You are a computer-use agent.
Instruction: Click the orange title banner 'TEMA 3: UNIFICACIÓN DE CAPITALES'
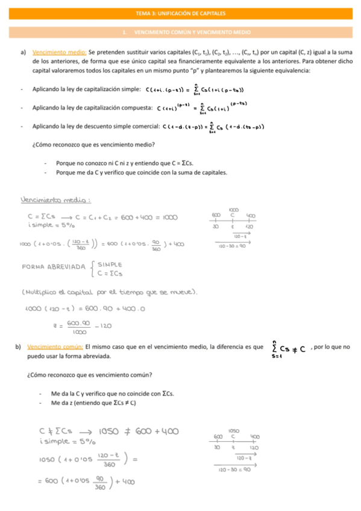[181, 12]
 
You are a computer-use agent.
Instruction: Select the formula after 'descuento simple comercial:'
[214, 127]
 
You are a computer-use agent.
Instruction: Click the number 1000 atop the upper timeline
[234, 210]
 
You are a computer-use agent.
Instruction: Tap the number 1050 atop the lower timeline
[234, 430]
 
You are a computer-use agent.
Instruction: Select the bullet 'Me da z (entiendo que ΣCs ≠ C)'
[93, 403]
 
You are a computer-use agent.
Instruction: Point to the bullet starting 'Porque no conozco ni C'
[124, 163]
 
